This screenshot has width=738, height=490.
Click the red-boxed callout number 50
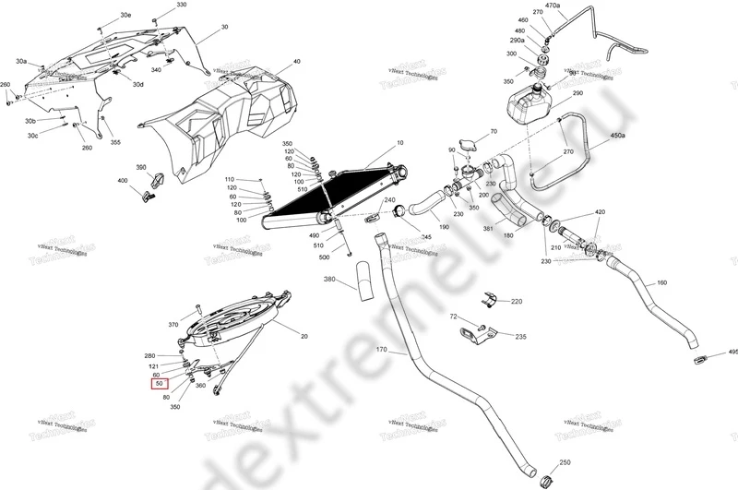pos(160,383)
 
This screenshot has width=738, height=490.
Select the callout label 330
pos(181,6)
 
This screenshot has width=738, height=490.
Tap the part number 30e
pos(125,17)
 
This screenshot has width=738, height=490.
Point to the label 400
pos(123,181)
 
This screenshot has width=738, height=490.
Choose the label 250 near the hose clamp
pos(565,461)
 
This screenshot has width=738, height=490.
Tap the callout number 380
pos(329,279)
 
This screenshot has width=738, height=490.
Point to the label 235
pos(521,338)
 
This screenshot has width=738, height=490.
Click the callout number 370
pos(173,325)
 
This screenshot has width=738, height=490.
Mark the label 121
pos(155,365)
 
